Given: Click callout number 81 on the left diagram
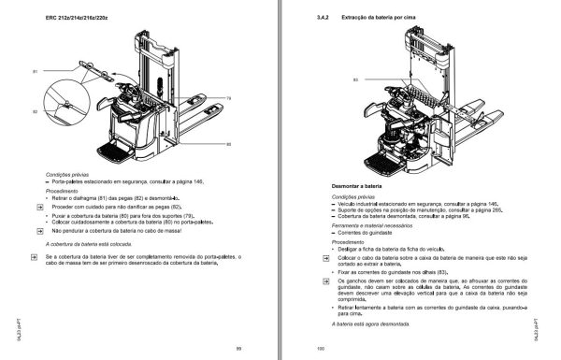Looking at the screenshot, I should click(x=35, y=71).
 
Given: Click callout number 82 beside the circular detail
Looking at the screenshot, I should click(x=35, y=111).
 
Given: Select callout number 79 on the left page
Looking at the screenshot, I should click(x=229, y=98).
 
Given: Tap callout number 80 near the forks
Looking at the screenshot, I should click(x=229, y=144).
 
